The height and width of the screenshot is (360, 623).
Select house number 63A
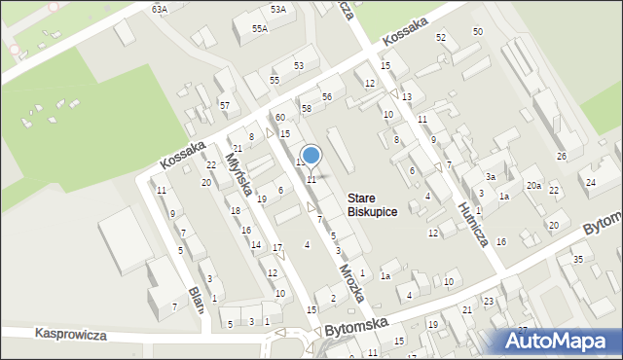[x=160, y=9]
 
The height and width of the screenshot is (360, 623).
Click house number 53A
[x=278, y=9]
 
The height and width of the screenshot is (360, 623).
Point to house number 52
[x=441, y=37]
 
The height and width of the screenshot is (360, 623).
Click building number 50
[x=477, y=32]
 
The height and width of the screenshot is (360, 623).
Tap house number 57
[x=225, y=104]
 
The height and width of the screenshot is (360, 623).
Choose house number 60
[x=279, y=118]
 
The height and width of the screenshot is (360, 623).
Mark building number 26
[x=562, y=157]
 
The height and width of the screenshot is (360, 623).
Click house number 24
[x=590, y=182]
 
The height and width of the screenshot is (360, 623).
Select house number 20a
[x=533, y=186]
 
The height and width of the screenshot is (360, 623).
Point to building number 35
[x=577, y=259]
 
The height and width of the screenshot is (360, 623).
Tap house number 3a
[x=492, y=177]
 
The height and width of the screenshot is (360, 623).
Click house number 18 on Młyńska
[x=234, y=211]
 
